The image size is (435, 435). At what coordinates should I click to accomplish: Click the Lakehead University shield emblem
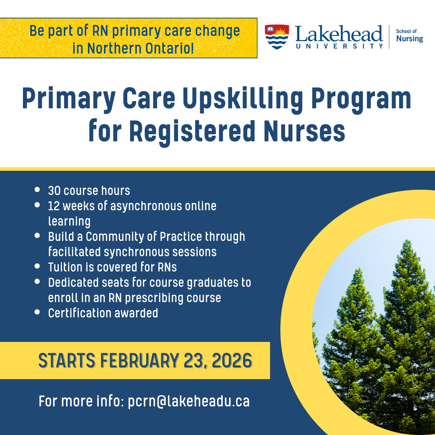click(x=277, y=37)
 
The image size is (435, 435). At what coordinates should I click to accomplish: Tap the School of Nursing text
click(x=409, y=36)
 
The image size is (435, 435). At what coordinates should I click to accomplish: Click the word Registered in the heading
click(x=197, y=131)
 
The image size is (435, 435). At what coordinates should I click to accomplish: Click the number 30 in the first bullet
click(x=54, y=191)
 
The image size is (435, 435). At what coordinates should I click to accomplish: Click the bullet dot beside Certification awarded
click(x=37, y=312)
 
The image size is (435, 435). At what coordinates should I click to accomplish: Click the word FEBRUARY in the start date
click(x=139, y=360)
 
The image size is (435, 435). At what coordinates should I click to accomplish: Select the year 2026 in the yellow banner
click(x=232, y=360)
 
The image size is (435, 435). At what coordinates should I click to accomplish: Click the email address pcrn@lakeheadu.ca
click(x=188, y=401)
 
